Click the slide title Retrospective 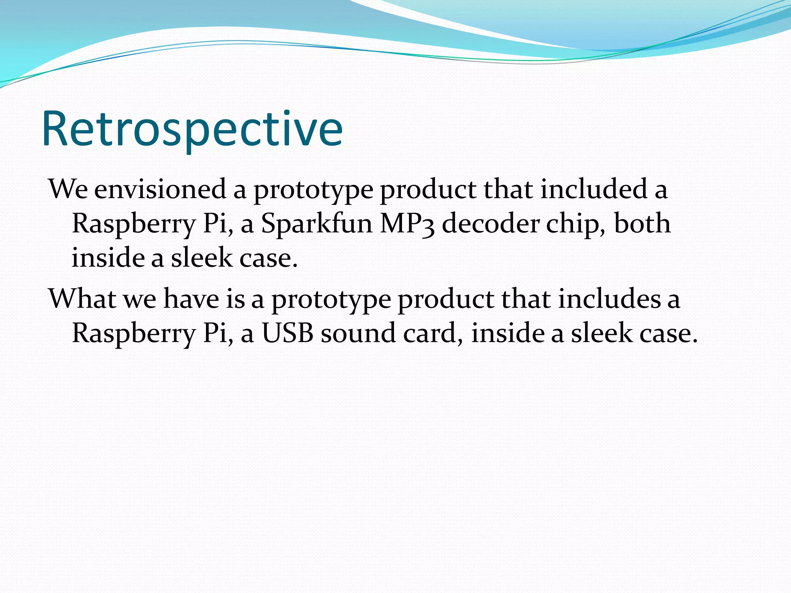(192, 129)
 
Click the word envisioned (160, 190)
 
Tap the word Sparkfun (316, 224)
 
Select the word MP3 (407, 224)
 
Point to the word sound (358, 333)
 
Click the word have (191, 299)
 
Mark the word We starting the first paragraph (68, 190)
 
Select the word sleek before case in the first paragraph (201, 258)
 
